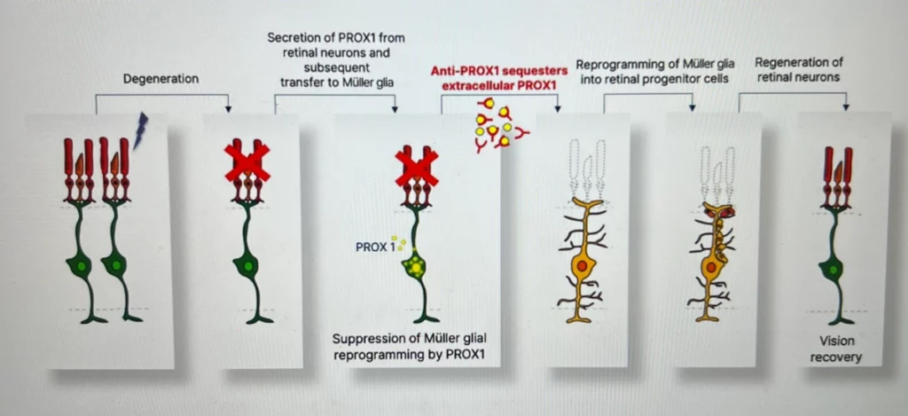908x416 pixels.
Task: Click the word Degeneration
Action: [x=160, y=79]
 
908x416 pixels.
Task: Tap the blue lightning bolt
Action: [x=139, y=130]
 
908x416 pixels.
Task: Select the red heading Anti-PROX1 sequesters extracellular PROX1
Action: [x=493, y=77]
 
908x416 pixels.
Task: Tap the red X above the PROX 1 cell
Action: [x=416, y=166]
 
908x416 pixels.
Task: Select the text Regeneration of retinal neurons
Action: [x=798, y=69]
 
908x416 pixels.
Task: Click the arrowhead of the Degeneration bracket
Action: [x=229, y=109]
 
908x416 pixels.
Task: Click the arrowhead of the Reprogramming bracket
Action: [x=692, y=109]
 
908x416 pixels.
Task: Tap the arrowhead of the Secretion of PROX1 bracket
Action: [x=392, y=109]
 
